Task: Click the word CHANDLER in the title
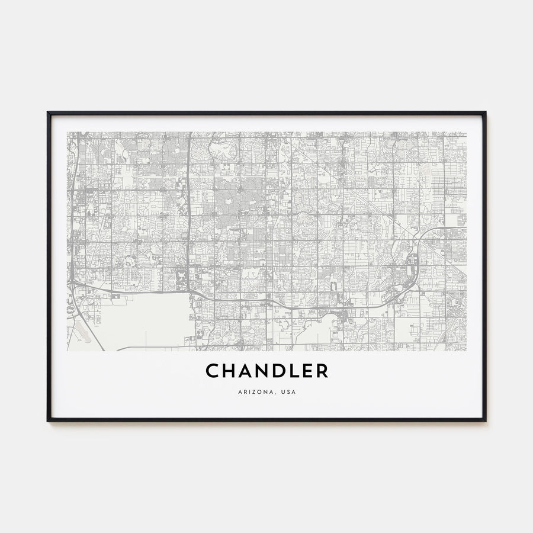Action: [266, 371]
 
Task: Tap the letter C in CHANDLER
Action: [212, 371]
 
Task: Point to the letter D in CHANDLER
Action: [276, 371]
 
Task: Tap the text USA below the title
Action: [290, 392]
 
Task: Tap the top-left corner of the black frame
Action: [48, 113]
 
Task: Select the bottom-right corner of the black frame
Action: [485, 420]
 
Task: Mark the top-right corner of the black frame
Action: [485, 113]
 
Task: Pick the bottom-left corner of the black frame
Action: [48, 420]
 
